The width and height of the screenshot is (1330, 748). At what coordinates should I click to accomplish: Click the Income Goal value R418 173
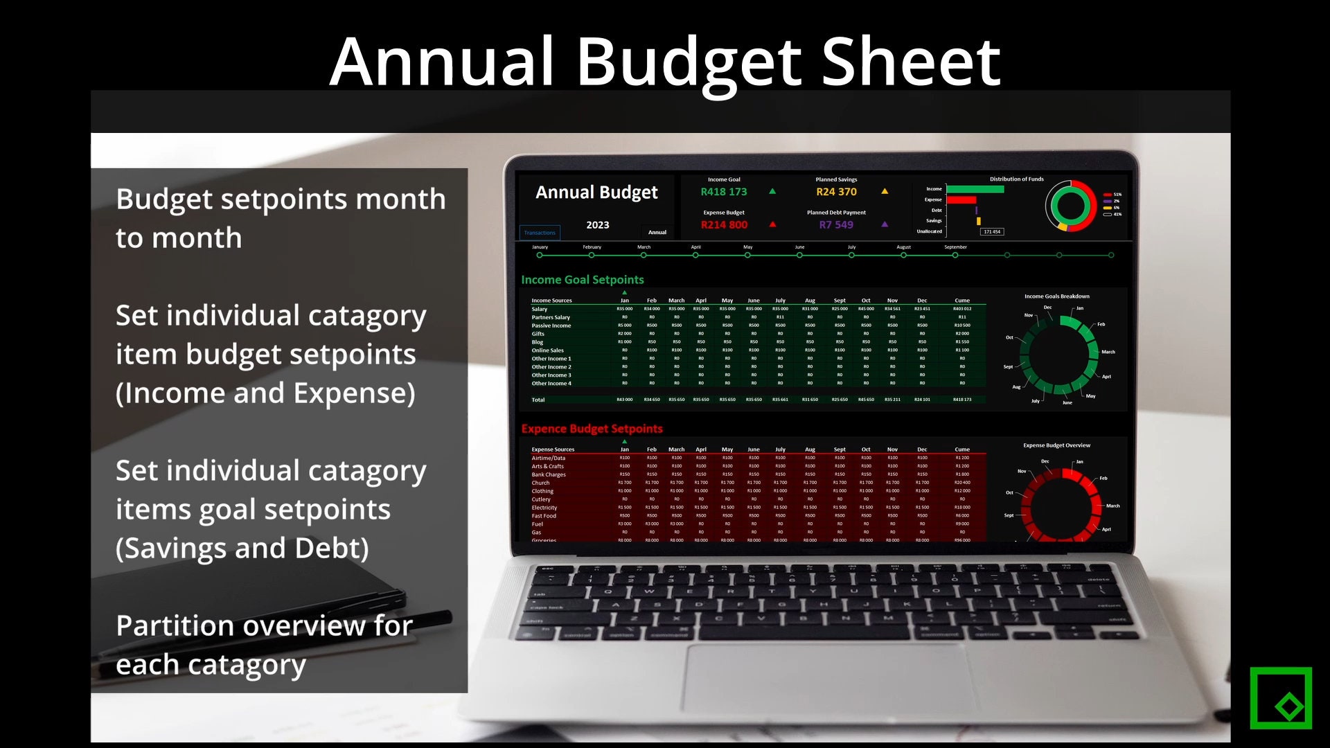[723, 192]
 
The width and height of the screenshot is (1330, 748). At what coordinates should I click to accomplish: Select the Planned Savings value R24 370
[836, 192]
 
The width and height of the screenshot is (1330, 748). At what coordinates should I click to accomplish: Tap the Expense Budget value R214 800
[724, 225]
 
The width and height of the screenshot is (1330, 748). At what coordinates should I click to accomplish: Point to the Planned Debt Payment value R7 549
[836, 225]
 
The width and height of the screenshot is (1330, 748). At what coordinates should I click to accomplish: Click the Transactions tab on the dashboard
[540, 233]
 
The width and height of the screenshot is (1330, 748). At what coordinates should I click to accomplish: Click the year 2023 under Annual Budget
[598, 225]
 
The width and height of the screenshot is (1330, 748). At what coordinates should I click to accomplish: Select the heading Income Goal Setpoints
[583, 280]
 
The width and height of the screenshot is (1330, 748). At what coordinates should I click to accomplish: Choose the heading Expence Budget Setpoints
[592, 429]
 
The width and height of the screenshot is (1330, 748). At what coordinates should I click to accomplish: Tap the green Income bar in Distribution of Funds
[975, 189]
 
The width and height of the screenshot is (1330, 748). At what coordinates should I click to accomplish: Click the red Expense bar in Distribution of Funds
[961, 200]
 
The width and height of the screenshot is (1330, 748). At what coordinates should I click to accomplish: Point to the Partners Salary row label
[551, 317]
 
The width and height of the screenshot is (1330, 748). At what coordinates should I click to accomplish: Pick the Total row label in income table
[538, 400]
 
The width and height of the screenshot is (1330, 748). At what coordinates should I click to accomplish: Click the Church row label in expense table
[540, 483]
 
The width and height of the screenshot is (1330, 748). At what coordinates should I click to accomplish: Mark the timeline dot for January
[540, 256]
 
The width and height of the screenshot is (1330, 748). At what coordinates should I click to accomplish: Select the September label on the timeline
[955, 247]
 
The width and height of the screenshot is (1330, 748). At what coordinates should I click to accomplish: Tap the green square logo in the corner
[1281, 697]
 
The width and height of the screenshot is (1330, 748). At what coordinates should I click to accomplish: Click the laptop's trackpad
[824, 679]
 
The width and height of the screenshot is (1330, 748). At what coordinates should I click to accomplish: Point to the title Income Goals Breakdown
[1056, 296]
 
